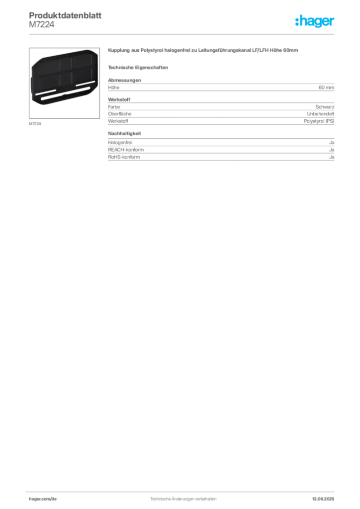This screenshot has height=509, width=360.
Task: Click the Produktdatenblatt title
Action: pyautogui.click(x=65, y=15)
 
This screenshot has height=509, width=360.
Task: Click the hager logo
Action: pyautogui.click(x=315, y=21)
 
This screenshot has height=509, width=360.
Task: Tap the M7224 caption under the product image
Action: pyautogui.click(x=35, y=124)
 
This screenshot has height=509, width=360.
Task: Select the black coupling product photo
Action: pyautogui.click(x=64, y=77)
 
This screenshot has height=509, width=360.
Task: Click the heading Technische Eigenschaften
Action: pyautogui.click(x=138, y=68)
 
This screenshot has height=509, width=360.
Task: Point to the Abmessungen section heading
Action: pyautogui.click(x=125, y=80)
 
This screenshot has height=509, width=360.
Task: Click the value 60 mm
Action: pyautogui.click(x=326, y=87)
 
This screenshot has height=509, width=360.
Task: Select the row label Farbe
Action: pyautogui.click(x=114, y=107)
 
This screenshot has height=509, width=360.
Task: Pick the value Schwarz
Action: pyautogui.click(x=325, y=107)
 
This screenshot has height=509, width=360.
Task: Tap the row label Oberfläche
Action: pyautogui.click(x=120, y=114)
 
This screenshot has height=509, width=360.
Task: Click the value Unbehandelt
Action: pyautogui.click(x=320, y=114)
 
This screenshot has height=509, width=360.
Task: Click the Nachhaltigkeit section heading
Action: pyautogui.click(x=125, y=133)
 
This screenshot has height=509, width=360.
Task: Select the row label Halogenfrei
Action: pyautogui.click(x=120, y=143)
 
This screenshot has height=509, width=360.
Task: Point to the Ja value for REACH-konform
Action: pyautogui.click(x=332, y=150)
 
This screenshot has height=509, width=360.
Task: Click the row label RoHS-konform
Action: pyautogui.click(x=124, y=157)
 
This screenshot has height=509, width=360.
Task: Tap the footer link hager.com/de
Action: pyautogui.click(x=43, y=499)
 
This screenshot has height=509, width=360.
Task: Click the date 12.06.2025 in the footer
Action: pyautogui.click(x=323, y=499)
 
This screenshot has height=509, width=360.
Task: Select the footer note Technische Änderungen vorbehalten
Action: pyautogui.click(x=183, y=499)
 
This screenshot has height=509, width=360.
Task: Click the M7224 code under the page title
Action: pyautogui.click(x=42, y=25)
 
